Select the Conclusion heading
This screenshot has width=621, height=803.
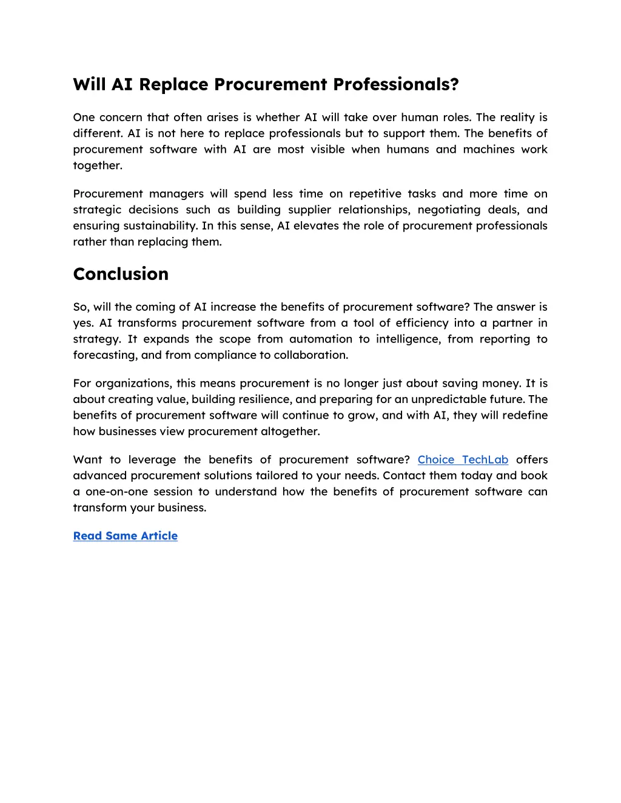(121, 274)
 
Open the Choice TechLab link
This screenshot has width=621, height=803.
(463, 459)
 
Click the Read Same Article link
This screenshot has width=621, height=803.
(126, 536)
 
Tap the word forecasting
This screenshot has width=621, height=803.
(105, 355)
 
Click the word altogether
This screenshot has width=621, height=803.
(290, 431)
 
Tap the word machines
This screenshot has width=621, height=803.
(489, 149)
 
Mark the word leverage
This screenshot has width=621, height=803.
(152, 459)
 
